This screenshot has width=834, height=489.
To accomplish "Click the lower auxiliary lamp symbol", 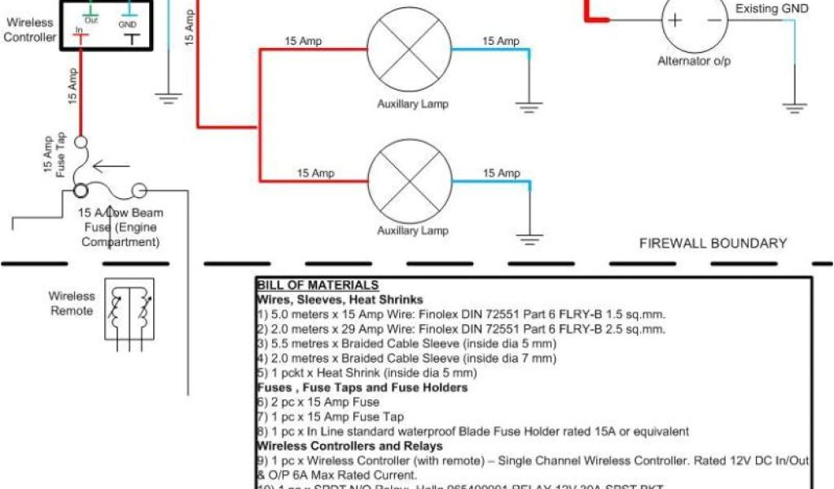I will pyautogui.click(x=410, y=180).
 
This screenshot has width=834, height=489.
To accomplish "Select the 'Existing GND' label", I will pyautogui.click(x=772, y=9).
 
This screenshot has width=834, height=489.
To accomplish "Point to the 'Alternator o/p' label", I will pyautogui.click(x=695, y=62).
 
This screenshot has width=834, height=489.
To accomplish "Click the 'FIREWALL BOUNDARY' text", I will pyautogui.click(x=713, y=243).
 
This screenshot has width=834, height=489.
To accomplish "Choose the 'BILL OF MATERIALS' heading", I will pyautogui.click(x=318, y=284).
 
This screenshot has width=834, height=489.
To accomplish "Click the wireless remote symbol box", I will pyautogui.click(x=129, y=308).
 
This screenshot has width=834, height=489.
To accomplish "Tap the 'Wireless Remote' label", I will pyautogui.click(x=72, y=303).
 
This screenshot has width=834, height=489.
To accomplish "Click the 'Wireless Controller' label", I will pyautogui.click(x=31, y=30).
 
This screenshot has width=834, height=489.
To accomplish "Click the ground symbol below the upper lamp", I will pyautogui.click(x=530, y=104).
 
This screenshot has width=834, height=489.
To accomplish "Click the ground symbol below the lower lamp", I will pyautogui.click(x=530, y=239).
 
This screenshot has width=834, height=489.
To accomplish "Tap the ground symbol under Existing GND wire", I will pyautogui.click(x=794, y=106).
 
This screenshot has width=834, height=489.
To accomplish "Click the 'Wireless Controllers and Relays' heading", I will pyautogui.click(x=350, y=446).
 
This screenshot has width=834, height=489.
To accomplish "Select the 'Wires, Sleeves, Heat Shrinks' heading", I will pyautogui.click(x=340, y=299).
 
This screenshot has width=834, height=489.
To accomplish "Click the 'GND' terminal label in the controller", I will pyautogui.click(x=128, y=25).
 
